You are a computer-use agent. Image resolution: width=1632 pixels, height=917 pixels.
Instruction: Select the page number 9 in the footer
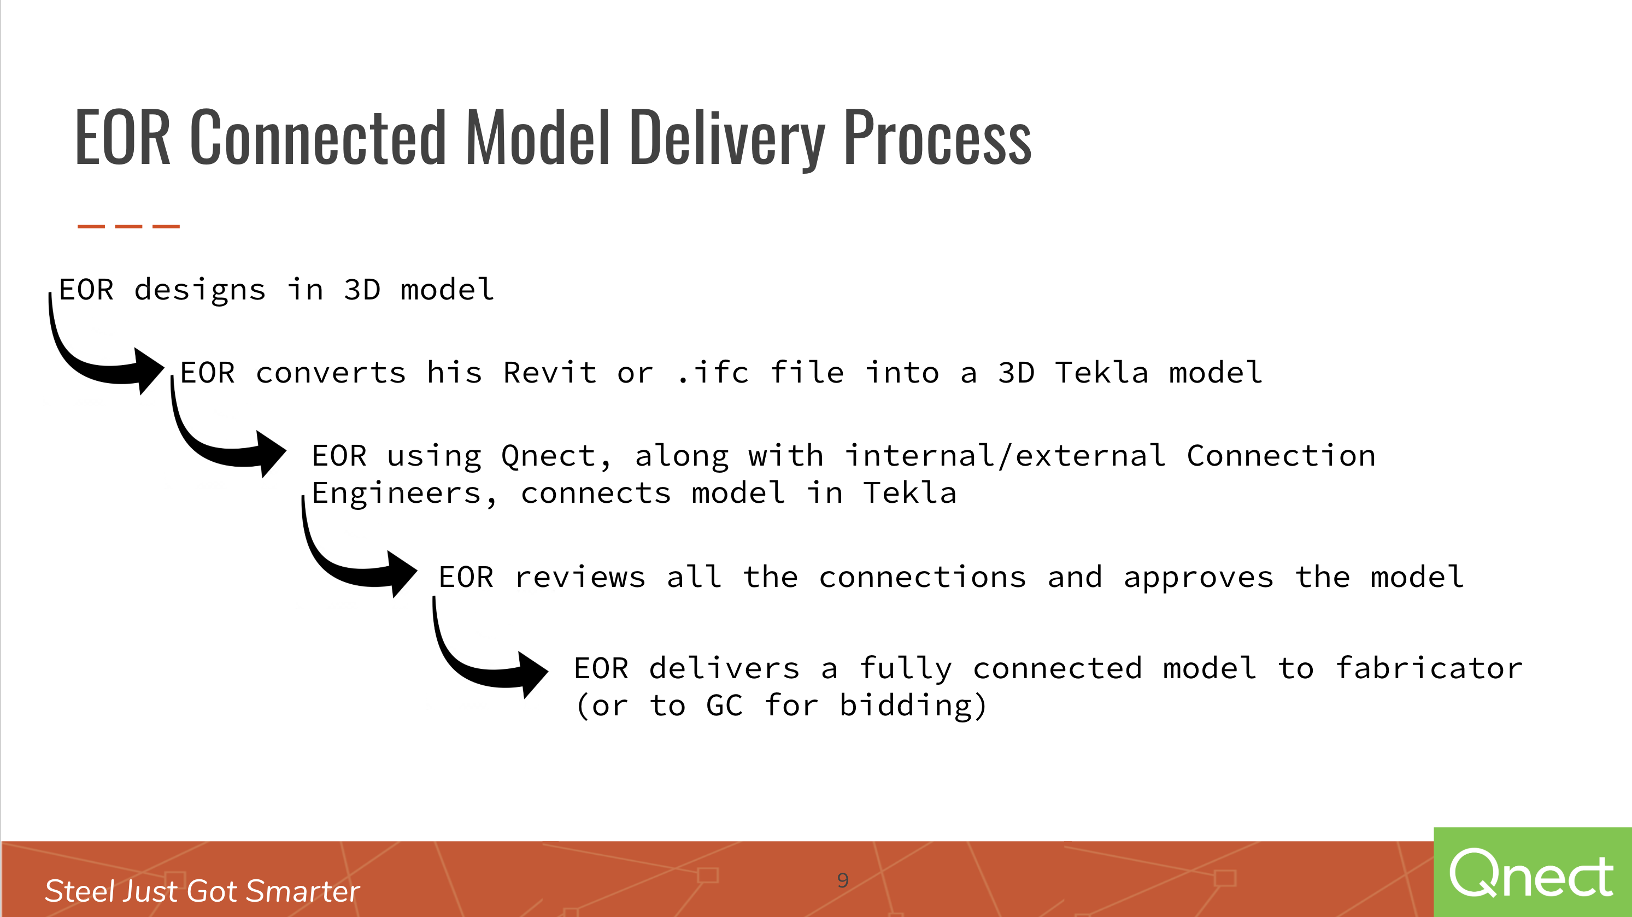843,880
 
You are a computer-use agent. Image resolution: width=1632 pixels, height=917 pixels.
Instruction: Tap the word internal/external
1004,456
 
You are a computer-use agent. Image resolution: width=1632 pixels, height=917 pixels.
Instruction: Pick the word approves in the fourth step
1198,577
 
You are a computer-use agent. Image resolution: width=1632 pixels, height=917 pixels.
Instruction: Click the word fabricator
1429,668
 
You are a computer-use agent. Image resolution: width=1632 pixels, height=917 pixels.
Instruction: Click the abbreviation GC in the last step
724,706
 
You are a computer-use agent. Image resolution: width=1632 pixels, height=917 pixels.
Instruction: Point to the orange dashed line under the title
128,226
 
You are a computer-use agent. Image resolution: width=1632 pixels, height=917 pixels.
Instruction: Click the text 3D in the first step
362,290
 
